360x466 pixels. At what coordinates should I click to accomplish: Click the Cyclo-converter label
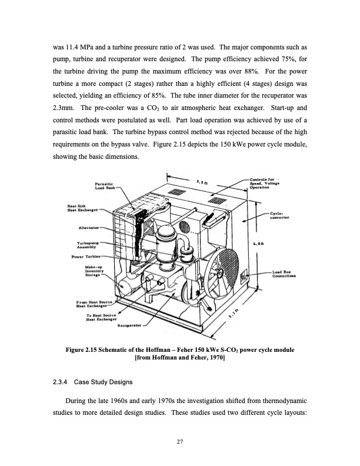click(x=280, y=215)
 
